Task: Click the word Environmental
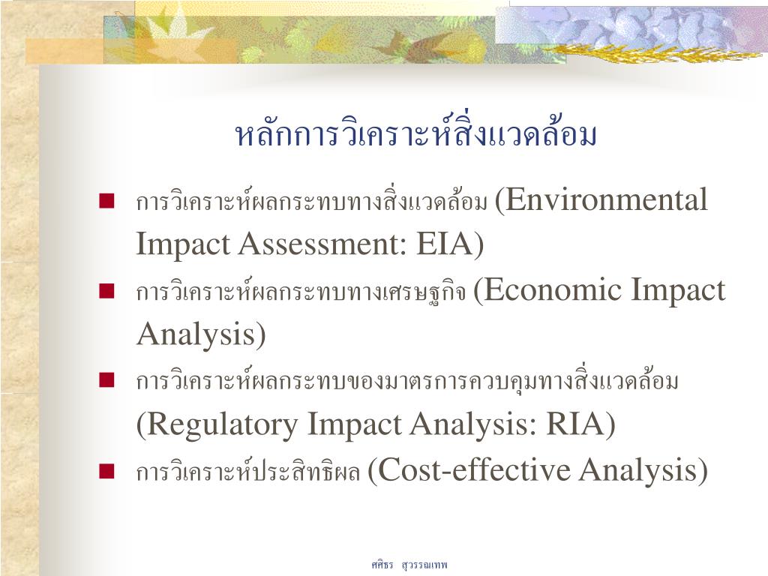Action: tap(606, 199)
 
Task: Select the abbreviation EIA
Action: tap(444, 244)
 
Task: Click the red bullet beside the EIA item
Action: tap(106, 201)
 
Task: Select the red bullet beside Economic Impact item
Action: tap(106, 290)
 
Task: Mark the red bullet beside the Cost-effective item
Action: tap(106, 471)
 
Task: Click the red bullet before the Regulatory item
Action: tap(106, 380)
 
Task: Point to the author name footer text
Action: tap(409, 565)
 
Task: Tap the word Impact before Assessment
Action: tap(183, 244)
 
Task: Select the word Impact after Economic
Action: tap(678, 290)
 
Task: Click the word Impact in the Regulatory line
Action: tap(354, 424)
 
